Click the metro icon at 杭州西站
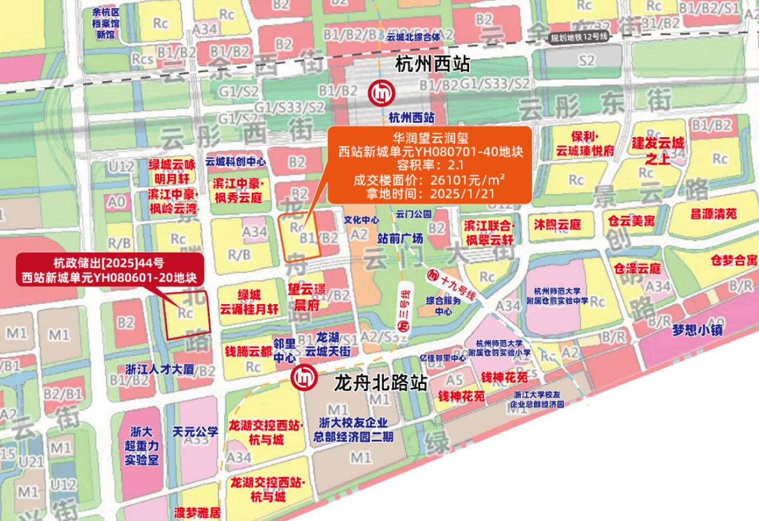[380, 93]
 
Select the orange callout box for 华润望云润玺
[429, 165]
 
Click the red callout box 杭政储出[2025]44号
[110, 270]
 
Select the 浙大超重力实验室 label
[141, 446]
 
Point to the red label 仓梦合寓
[734, 260]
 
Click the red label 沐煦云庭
[558, 225]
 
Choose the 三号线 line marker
[404, 308]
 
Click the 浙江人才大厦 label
[160, 369]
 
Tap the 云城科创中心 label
[235, 162]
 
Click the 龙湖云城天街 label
[328, 346]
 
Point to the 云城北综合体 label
[413, 37]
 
